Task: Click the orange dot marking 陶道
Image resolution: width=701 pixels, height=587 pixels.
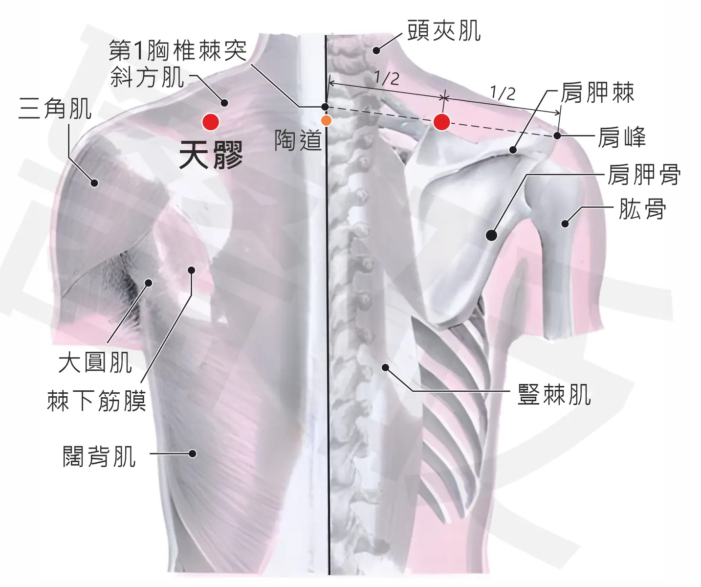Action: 327,120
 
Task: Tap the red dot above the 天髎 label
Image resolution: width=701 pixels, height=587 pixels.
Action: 211,122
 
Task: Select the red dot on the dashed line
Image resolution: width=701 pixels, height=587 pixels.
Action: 441,122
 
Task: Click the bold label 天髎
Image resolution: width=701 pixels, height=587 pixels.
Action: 211,155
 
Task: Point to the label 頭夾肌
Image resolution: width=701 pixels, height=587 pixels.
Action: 444,31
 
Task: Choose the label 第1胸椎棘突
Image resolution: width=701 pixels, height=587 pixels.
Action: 178,50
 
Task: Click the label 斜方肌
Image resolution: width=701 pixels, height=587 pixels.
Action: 147,77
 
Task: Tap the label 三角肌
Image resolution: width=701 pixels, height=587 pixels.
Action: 55,109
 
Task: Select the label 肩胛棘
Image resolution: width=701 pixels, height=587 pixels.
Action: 597,92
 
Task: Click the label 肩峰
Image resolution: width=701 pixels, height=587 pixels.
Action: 622,137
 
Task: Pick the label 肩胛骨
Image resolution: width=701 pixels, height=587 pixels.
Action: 644,174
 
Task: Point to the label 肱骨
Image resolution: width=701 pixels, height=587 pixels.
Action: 642,209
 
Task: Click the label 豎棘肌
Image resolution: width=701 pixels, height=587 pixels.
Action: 554,395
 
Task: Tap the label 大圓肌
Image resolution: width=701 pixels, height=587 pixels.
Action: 95,362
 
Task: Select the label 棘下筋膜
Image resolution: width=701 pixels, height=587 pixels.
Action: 97,401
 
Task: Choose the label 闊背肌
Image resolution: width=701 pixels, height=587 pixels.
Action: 99,456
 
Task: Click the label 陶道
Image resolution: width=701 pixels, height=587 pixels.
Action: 298,140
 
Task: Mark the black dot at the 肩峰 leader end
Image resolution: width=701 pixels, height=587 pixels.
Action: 557,136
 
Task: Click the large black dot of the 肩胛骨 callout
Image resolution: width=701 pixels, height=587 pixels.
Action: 491,235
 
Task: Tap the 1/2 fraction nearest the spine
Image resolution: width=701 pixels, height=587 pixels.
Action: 387,78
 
